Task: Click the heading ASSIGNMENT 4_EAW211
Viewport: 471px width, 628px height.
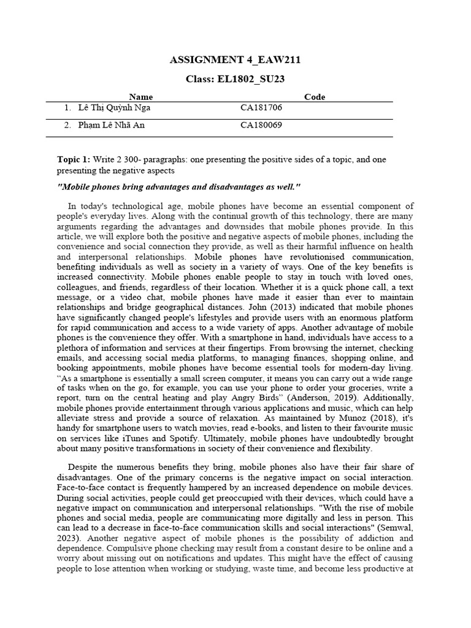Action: pos(234,59)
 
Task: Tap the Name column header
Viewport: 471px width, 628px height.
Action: pos(141,97)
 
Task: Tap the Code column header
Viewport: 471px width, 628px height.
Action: pos(315,97)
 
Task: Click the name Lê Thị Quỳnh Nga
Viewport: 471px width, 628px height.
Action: pos(115,108)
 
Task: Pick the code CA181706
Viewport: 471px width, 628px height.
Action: pos(261,108)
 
